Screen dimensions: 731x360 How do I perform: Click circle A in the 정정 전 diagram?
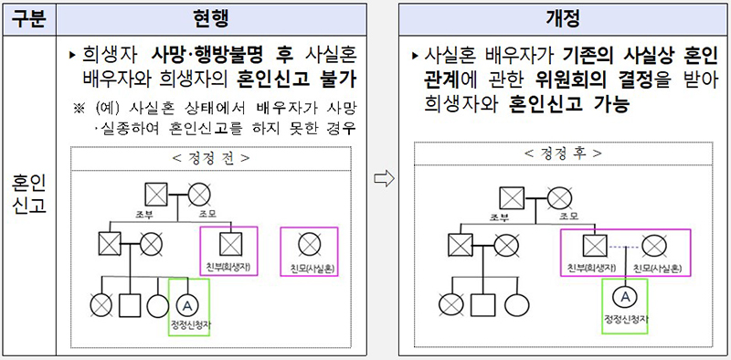coord(187,303)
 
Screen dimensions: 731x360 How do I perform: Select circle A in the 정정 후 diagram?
coord(625,295)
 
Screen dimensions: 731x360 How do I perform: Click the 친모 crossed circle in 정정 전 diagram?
coord(310,244)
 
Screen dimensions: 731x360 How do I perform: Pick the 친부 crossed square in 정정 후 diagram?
coord(595,245)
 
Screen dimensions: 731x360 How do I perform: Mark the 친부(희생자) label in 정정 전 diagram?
coord(229,267)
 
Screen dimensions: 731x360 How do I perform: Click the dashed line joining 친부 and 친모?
coord(624,245)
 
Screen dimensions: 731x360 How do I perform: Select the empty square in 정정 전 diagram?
coord(128,303)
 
